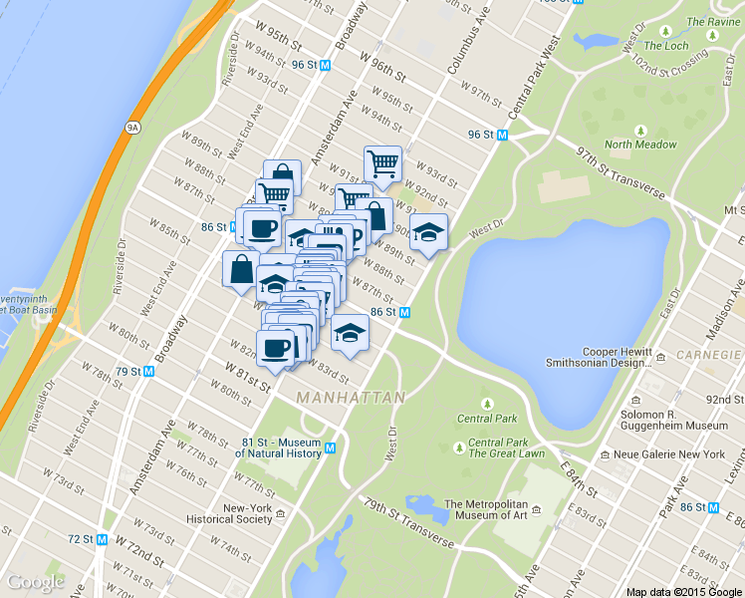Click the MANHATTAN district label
352,397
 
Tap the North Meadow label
640,145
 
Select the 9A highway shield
131,127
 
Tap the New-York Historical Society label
247,513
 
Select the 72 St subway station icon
102,539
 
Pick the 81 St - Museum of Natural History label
282,448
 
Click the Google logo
36,581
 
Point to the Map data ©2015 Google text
684,592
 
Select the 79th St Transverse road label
408,523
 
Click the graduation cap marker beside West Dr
428,233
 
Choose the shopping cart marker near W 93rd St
382,161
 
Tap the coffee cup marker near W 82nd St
276,348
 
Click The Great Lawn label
506,453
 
